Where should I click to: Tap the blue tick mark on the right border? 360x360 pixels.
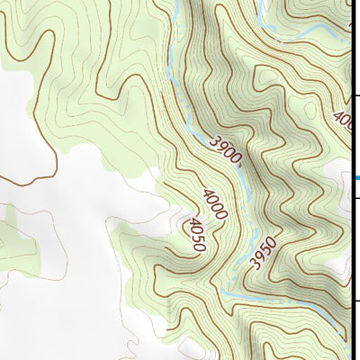355,177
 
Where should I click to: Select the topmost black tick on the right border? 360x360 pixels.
355,94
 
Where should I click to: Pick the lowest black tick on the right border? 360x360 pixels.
355,301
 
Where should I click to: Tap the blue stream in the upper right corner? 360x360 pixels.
306,34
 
